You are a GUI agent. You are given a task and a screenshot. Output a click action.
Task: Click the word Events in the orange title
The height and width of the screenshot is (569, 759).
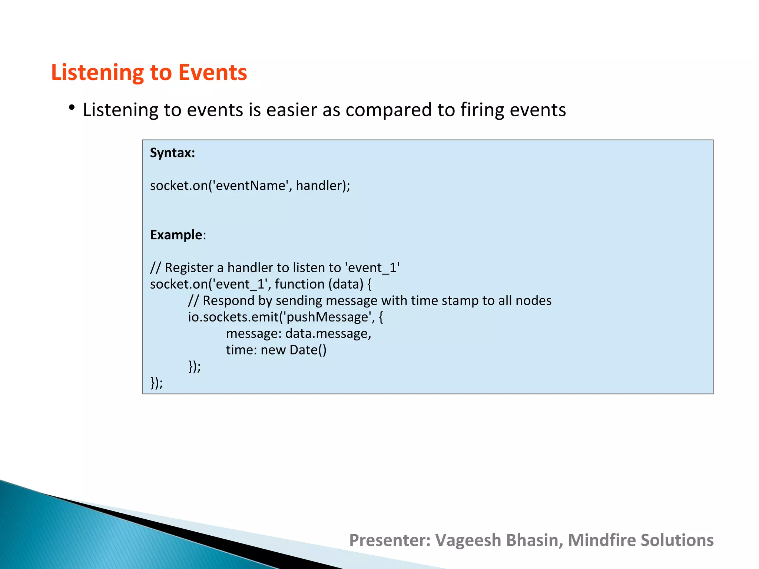tap(212, 72)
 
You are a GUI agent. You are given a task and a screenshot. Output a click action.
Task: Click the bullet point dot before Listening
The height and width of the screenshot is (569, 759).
tap(72, 108)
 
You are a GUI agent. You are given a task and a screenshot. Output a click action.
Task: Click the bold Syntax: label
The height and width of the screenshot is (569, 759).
tap(172, 153)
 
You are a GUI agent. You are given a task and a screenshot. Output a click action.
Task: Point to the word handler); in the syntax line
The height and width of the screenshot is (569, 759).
tap(323, 186)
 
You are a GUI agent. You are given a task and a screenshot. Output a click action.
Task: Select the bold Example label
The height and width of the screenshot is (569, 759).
tap(176, 235)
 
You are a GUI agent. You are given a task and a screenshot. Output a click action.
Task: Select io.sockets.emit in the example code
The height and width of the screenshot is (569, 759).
tap(233, 317)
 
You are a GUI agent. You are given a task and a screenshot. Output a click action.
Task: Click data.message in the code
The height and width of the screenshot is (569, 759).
tap(328, 333)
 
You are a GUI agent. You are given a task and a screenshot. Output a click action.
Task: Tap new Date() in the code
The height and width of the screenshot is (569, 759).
tap(293, 350)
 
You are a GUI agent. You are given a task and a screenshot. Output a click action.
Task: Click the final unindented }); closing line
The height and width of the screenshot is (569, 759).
tap(156, 383)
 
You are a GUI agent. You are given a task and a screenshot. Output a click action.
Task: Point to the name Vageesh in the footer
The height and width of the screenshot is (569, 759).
tap(468, 540)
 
